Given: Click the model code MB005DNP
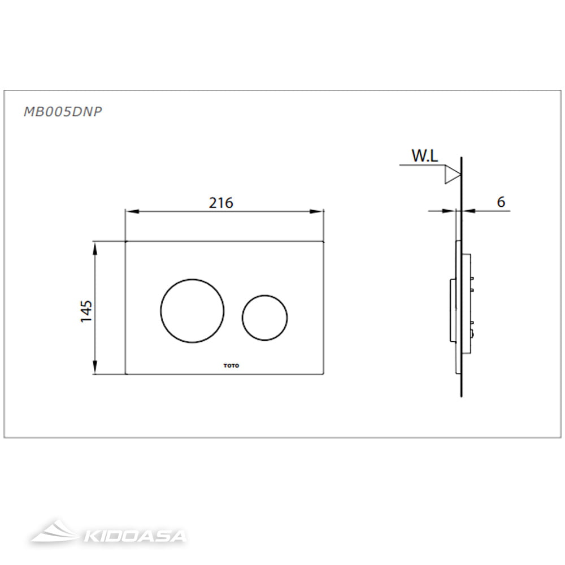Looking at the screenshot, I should click(62, 111).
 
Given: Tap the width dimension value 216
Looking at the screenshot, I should click(221, 202).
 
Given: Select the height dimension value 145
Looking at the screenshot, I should click(86, 310).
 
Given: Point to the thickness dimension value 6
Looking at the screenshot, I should click(501, 202).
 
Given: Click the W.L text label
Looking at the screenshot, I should click(424, 157).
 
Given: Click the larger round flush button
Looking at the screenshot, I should click(192, 311).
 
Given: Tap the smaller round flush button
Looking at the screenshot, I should click(264, 318).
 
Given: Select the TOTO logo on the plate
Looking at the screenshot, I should click(231, 366).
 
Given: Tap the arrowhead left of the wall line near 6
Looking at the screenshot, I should click(450, 211).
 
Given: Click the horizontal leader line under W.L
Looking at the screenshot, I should click(421, 165).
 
